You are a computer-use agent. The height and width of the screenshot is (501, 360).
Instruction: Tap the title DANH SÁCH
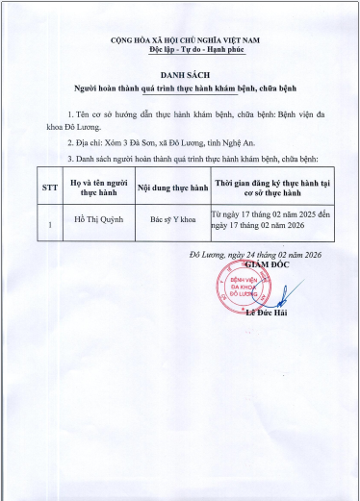(179, 74)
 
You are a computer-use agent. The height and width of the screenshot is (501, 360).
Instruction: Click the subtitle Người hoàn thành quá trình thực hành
(179, 88)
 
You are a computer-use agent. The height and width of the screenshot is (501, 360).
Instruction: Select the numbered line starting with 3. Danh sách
(184, 156)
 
